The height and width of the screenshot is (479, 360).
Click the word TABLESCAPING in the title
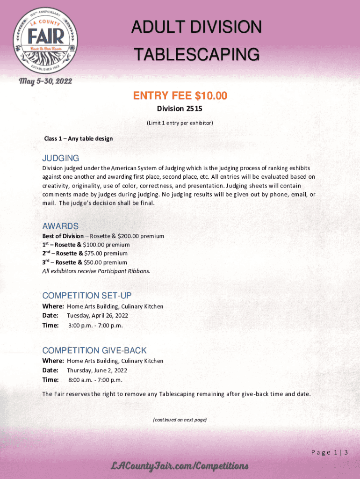pyautogui.click(x=196, y=55)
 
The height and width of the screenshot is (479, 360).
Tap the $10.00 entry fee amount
pyautogui.click(x=211, y=96)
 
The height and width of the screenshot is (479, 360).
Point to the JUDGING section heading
pyautogui.click(x=61, y=158)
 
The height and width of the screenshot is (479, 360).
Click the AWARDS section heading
pyautogui.click(x=60, y=226)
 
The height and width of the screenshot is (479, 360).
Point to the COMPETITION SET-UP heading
pyautogui.click(x=87, y=296)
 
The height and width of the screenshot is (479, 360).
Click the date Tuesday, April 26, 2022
pyautogui.click(x=97, y=315)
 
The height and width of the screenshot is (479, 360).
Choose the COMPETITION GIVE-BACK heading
pyautogui.click(x=94, y=350)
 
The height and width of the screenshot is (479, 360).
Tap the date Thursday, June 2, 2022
pyautogui.click(x=97, y=370)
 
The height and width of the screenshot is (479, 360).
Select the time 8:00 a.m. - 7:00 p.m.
pyautogui.click(x=95, y=380)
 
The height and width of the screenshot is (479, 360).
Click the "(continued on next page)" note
pyautogui.click(x=180, y=420)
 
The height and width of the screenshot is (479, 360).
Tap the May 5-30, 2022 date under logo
pyautogui.click(x=45, y=81)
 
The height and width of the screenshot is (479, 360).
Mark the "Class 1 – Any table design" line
pyautogui.click(x=78, y=138)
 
